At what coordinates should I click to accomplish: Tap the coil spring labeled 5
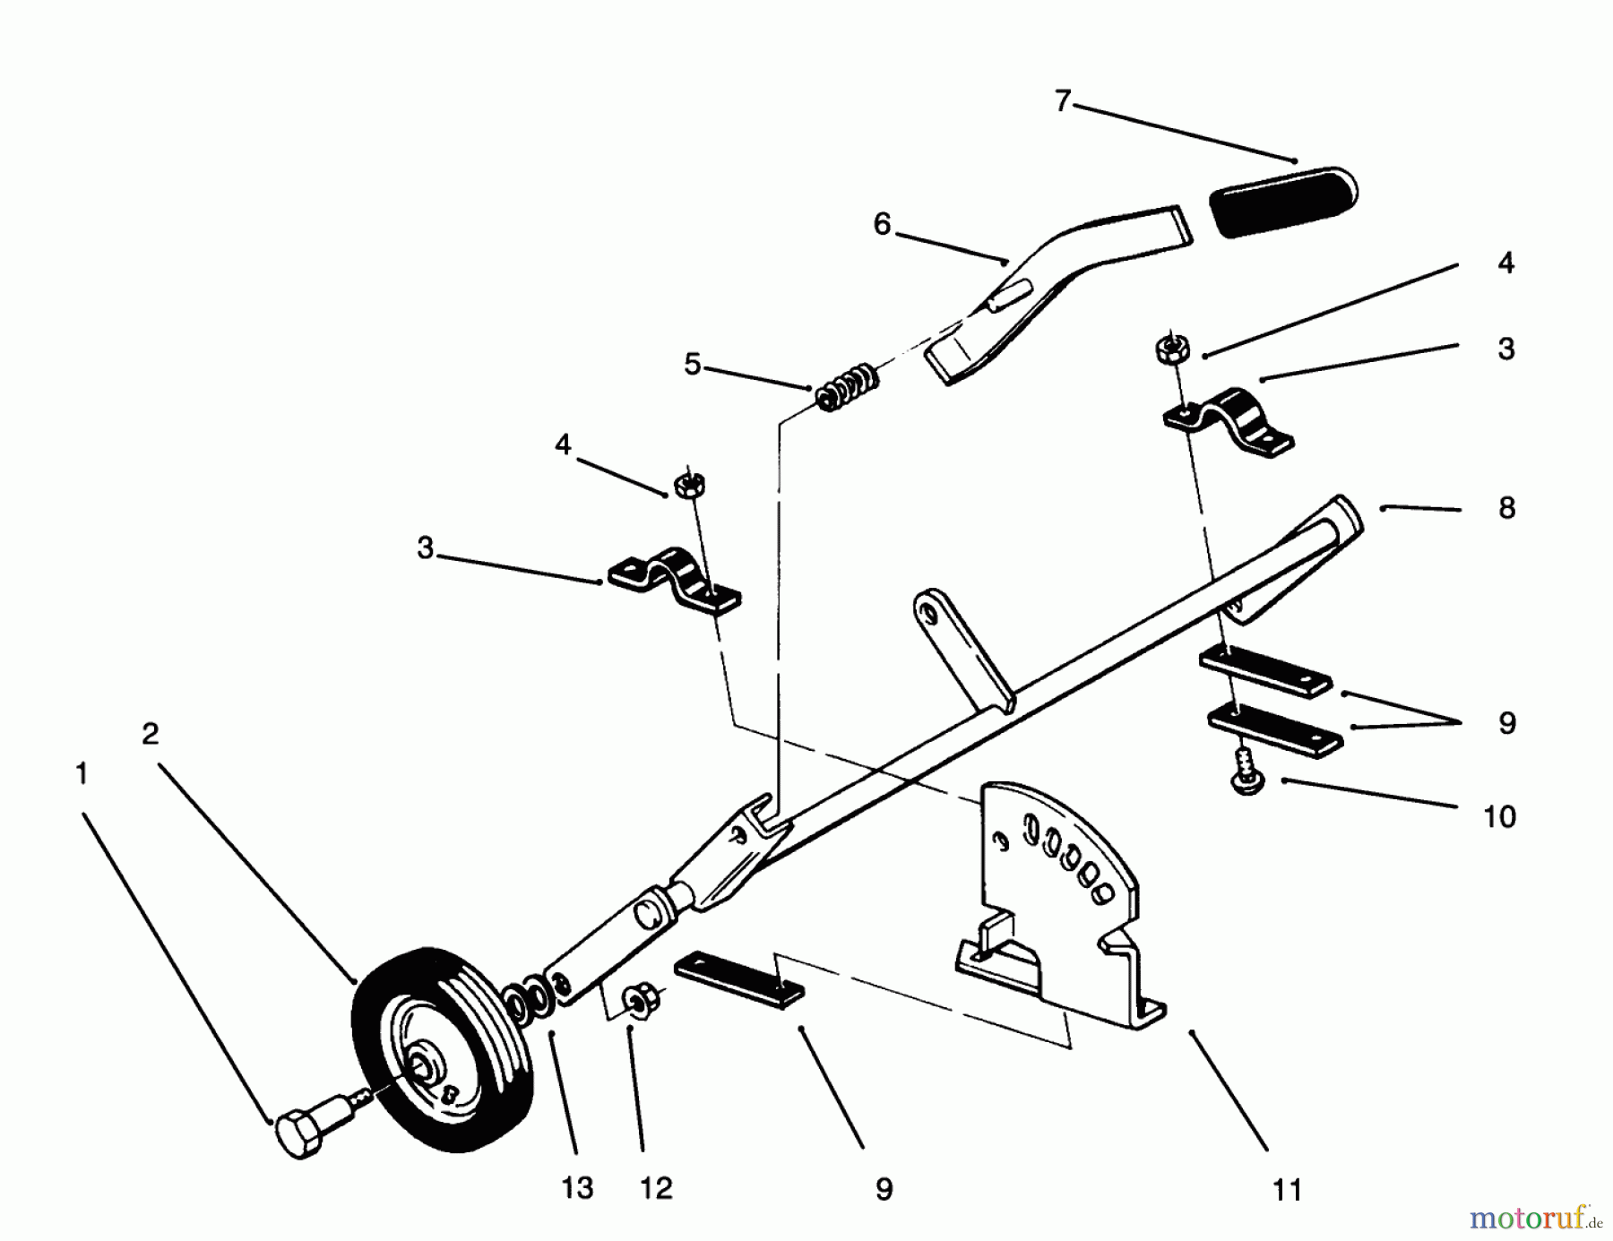pos(847,386)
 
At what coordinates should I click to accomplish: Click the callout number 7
pos(1063,101)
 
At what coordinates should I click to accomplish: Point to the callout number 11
pos(1287,1190)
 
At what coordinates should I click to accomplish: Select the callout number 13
pos(578,1188)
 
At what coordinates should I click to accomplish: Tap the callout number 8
pos(1506,508)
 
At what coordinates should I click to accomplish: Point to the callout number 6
pos(883,224)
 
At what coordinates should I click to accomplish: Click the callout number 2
pos(150,733)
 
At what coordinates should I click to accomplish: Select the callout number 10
pos(1499,816)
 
